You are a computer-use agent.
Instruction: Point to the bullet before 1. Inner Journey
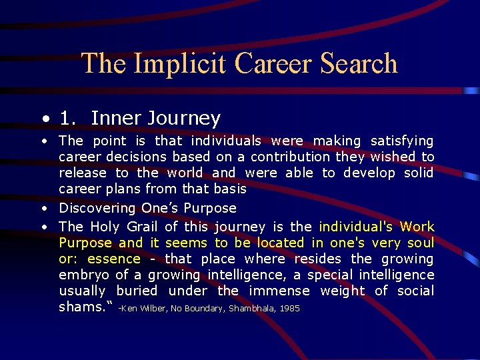(44, 120)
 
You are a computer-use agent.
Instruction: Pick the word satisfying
(402, 141)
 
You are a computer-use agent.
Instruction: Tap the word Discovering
(98, 208)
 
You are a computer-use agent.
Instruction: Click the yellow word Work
(417, 227)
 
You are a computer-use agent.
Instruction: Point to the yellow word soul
(418, 243)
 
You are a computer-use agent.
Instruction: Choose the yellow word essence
(114, 259)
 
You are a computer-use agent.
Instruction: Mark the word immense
(279, 291)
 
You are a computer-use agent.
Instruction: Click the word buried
(137, 291)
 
